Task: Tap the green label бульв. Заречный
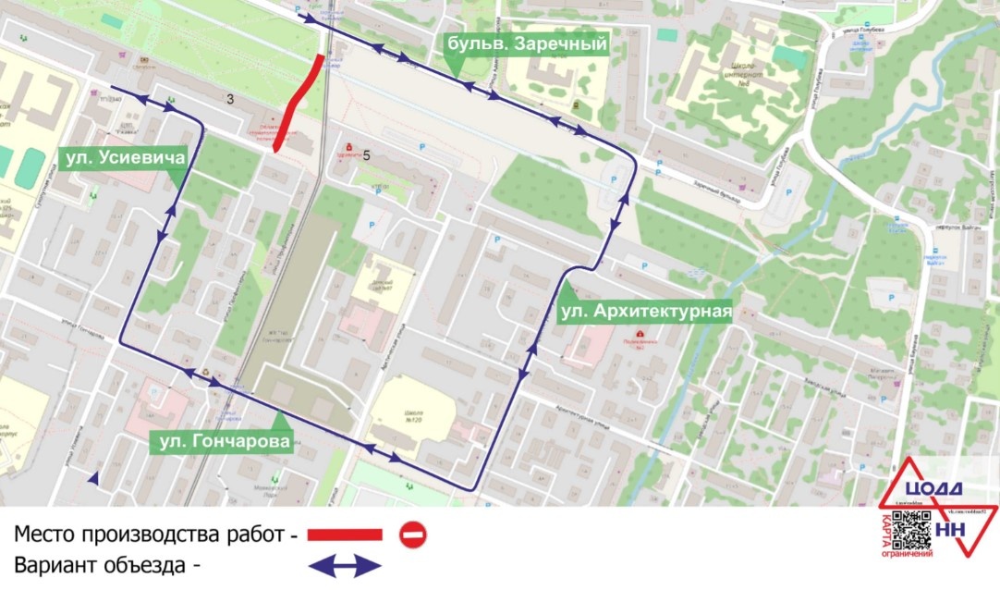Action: (x=527, y=43)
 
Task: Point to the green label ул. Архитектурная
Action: (x=646, y=311)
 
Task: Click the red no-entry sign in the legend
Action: (x=412, y=535)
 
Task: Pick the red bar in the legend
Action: (x=344, y=535)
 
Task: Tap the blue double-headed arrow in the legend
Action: (x=344, y=564)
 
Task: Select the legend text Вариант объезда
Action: (x=108, y=564)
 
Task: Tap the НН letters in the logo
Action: (x=953, y=529)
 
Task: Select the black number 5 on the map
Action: (x=367, y=155)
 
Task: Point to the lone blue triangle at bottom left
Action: (x=93, y=477)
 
